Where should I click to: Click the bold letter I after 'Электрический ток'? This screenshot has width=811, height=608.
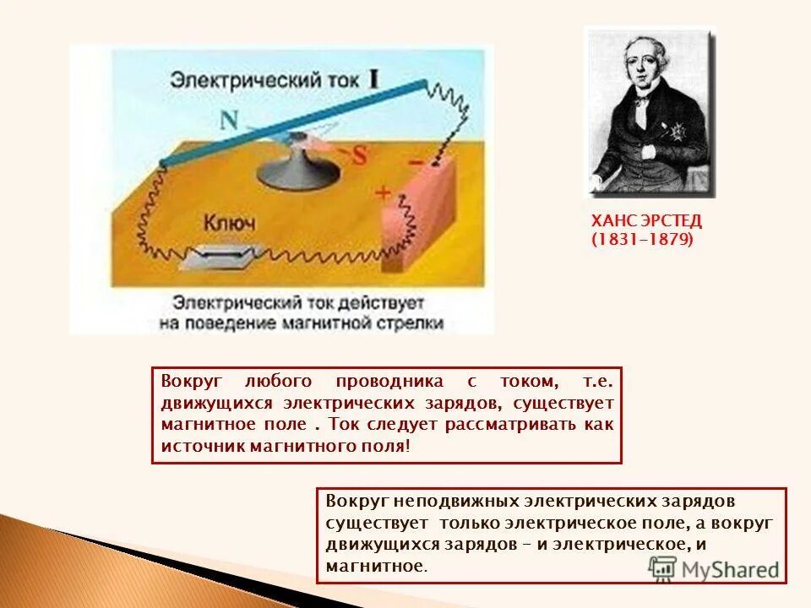coord(373,79)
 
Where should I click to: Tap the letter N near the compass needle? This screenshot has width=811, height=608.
coord(230,120)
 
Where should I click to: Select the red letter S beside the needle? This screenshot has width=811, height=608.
coord(358,155)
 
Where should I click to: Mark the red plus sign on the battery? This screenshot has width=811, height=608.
coord(384,193)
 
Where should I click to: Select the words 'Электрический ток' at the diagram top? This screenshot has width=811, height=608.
coord(267,82)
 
